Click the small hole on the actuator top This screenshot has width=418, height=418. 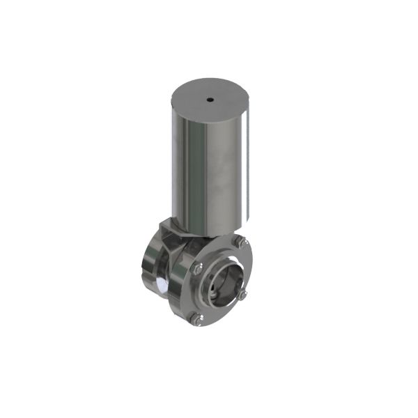(x=210, y=100)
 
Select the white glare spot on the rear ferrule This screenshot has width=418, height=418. (x=160, y=286)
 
